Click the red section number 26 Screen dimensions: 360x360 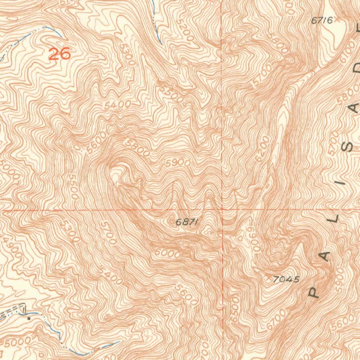click(x=59, y=54)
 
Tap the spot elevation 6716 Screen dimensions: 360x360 click(x=322, y=21)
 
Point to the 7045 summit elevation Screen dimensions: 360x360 click(x=287, y=279)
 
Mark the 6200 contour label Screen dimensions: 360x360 click(x=263, y=149)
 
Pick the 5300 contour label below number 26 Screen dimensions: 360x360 click(x=127, y=54)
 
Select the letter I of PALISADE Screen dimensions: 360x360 click(x=343, y=181)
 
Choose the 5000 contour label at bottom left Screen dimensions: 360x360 click(x=13, y=342)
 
